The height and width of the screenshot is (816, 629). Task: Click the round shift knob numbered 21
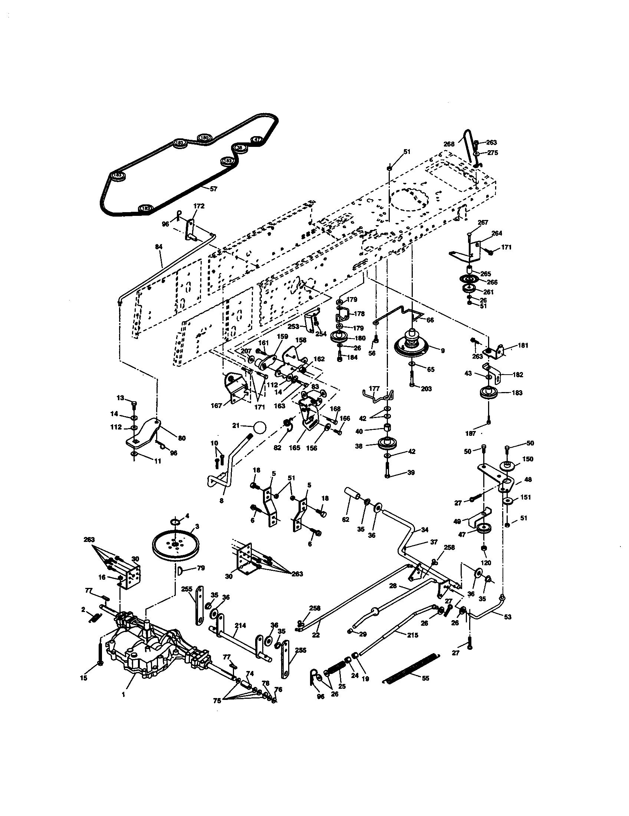click(x=260, y=427)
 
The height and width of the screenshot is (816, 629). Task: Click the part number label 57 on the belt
click(x=213, y=189)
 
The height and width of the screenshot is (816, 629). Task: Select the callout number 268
click(x=449, y=144)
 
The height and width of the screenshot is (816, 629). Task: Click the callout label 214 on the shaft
click(x=240, y=625)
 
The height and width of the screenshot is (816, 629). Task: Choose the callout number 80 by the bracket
click(x=181, y=438)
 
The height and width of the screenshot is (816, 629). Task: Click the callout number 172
click(x=199, y=206)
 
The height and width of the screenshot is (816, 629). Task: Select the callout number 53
click(x=507, y=617)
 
